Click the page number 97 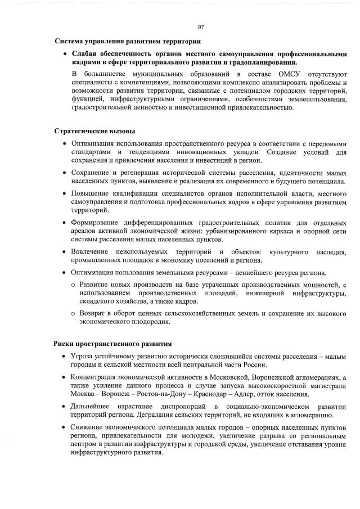coord(201,27)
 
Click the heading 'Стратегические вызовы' coord(94,131)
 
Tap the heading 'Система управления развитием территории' coord(127,42)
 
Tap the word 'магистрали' coord(326,385)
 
